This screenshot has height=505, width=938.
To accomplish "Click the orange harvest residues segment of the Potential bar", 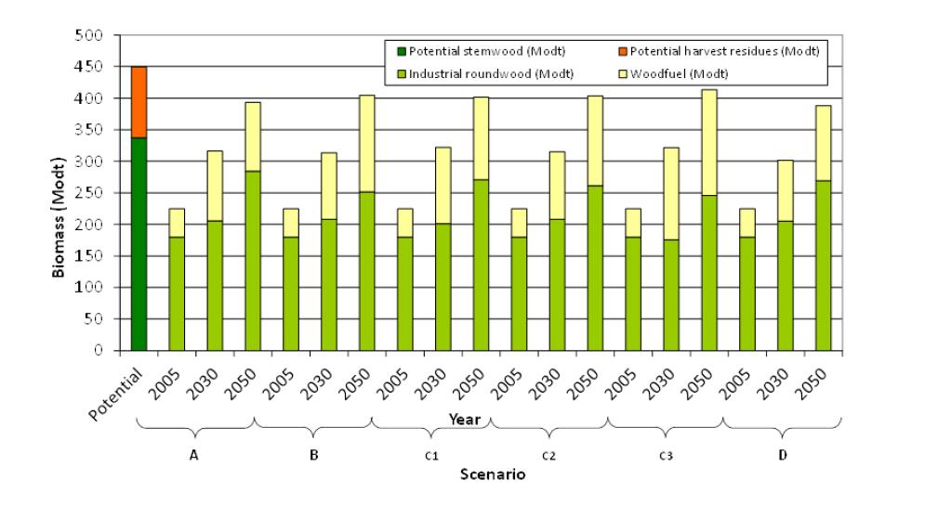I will pos(139,102).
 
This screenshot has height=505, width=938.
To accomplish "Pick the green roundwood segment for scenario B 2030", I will pos(329,285).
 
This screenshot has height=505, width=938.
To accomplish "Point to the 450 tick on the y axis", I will pos(97,67).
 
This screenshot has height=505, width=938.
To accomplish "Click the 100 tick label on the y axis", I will pos(97,288).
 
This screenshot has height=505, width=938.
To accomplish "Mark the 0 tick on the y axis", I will pos(104,351).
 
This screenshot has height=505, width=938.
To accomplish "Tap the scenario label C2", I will pos(548,456).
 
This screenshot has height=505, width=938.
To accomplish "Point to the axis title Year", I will pos(464,419).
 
